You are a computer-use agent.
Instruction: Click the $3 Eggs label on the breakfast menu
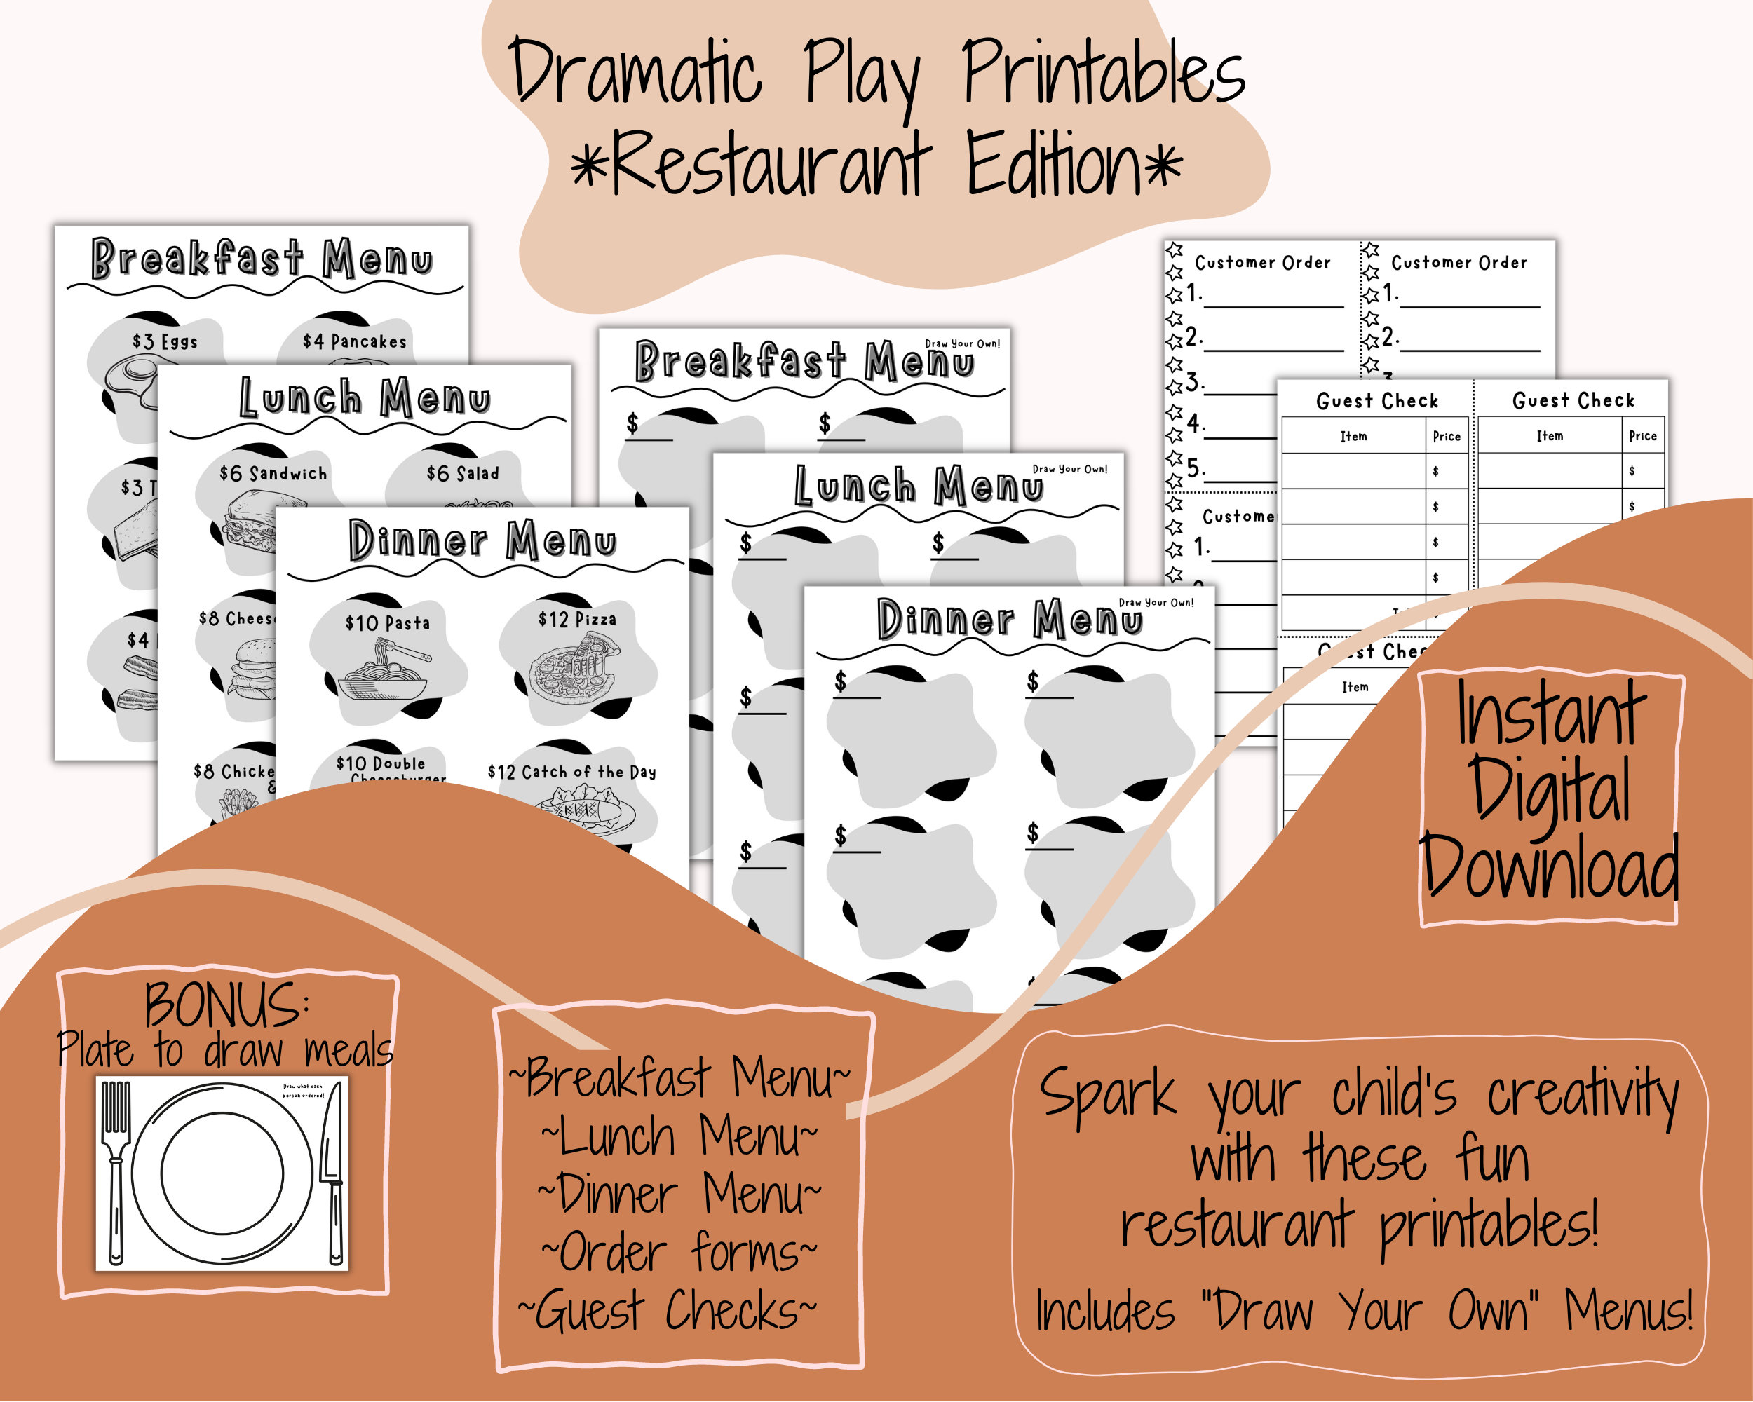coord(165,341)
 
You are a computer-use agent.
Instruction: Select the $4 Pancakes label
coord(355,341)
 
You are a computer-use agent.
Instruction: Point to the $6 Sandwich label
coord(273,474)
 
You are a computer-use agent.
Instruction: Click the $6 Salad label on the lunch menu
coord(463,473)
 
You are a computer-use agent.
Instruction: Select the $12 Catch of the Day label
coord(571,772)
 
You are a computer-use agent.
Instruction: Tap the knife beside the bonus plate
coord(332,1171)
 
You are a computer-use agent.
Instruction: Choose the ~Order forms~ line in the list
coord(679,1253)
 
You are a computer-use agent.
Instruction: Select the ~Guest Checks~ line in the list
coord(668,1311)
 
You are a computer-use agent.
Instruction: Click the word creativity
coord(1582,1095)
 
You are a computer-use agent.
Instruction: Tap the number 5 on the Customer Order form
coord(1193,468)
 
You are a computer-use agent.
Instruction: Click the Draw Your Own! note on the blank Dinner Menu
coord(1156,602)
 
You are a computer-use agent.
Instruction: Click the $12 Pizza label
coord(576,619)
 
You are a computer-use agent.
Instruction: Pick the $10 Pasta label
coord(387,623)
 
